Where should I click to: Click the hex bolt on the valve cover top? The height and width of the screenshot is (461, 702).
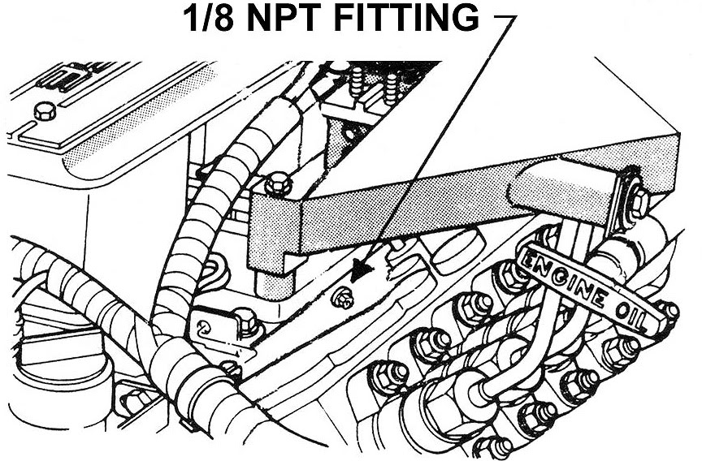(x=43, y=111)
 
